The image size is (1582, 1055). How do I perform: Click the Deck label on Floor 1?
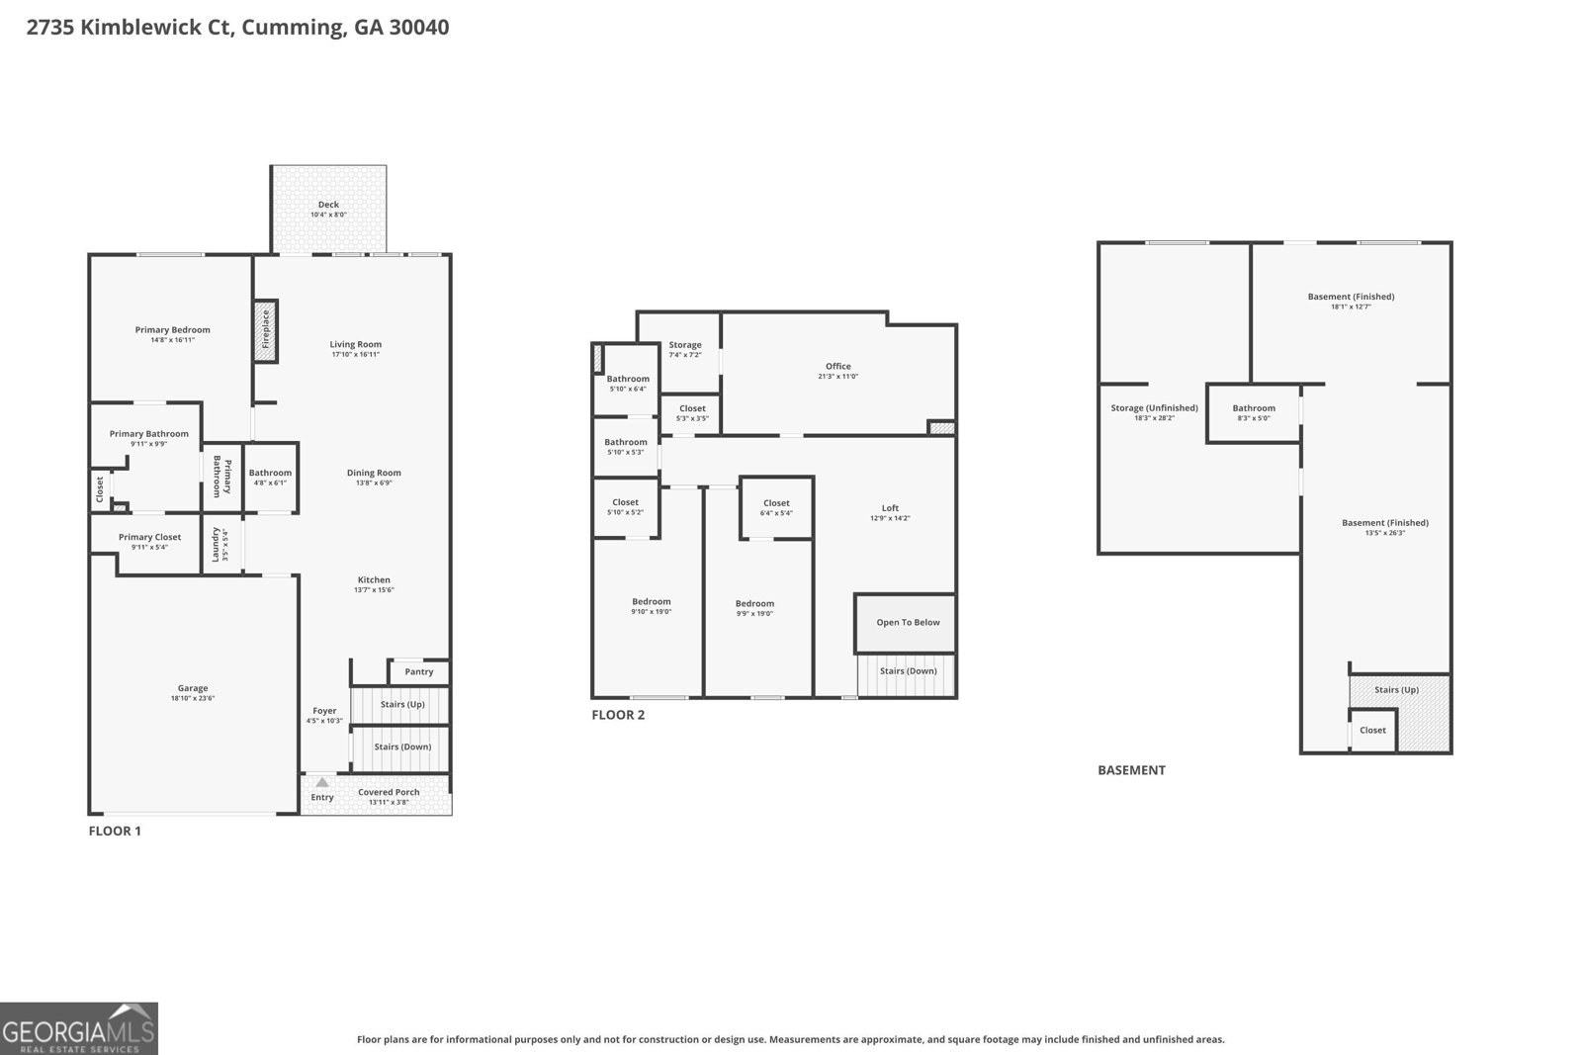pos(328,205)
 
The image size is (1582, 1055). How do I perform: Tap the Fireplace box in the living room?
pos(265,330)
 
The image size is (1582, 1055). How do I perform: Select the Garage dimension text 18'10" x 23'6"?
pos(193,698)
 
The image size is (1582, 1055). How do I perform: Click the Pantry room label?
pos(419,671)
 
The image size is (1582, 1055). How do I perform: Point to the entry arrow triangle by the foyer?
pos(322,782)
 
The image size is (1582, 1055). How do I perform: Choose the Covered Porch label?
pos(389,792)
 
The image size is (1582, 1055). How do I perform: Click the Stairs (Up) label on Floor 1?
pos(401,704)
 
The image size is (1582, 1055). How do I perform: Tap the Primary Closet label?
pos(149,537)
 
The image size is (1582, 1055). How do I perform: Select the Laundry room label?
pos(216,543)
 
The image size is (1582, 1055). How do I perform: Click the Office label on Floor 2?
pos(838,366)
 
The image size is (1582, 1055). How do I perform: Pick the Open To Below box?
pos(907,623)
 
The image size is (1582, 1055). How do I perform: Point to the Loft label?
pos(890,508)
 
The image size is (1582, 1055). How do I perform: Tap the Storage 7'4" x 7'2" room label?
pos(685,345)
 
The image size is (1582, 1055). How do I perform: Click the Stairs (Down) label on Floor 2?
pos(908,670)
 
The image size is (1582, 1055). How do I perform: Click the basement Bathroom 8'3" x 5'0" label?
pos(1254,407)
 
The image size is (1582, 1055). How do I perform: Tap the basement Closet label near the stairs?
pos(1372,730)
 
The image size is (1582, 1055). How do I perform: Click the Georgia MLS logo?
pos(79,1028)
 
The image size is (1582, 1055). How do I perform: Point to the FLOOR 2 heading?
pos(618,715)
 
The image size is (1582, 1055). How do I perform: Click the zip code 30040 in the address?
pos(419,27)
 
